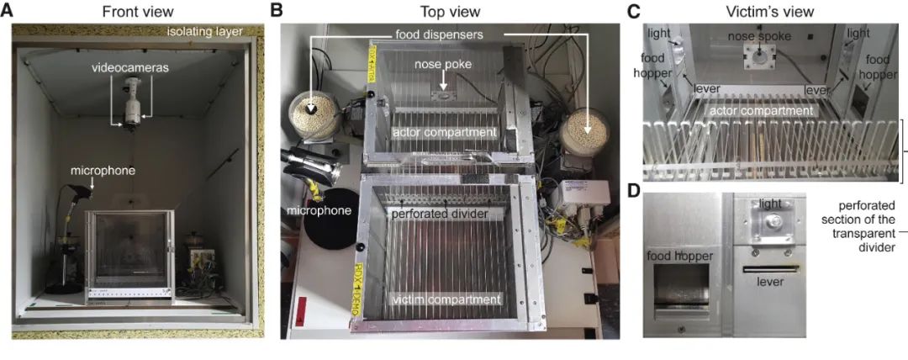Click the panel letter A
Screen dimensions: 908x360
pos(7,10)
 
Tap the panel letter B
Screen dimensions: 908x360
pos(277,10)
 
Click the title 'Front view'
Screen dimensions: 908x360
pos(137,11)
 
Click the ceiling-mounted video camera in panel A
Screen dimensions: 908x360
pos(133,104)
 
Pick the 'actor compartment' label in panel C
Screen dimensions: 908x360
pos(759,109)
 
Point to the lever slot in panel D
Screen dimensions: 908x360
pos(771,269)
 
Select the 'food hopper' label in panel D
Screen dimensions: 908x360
pos(680,256)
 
